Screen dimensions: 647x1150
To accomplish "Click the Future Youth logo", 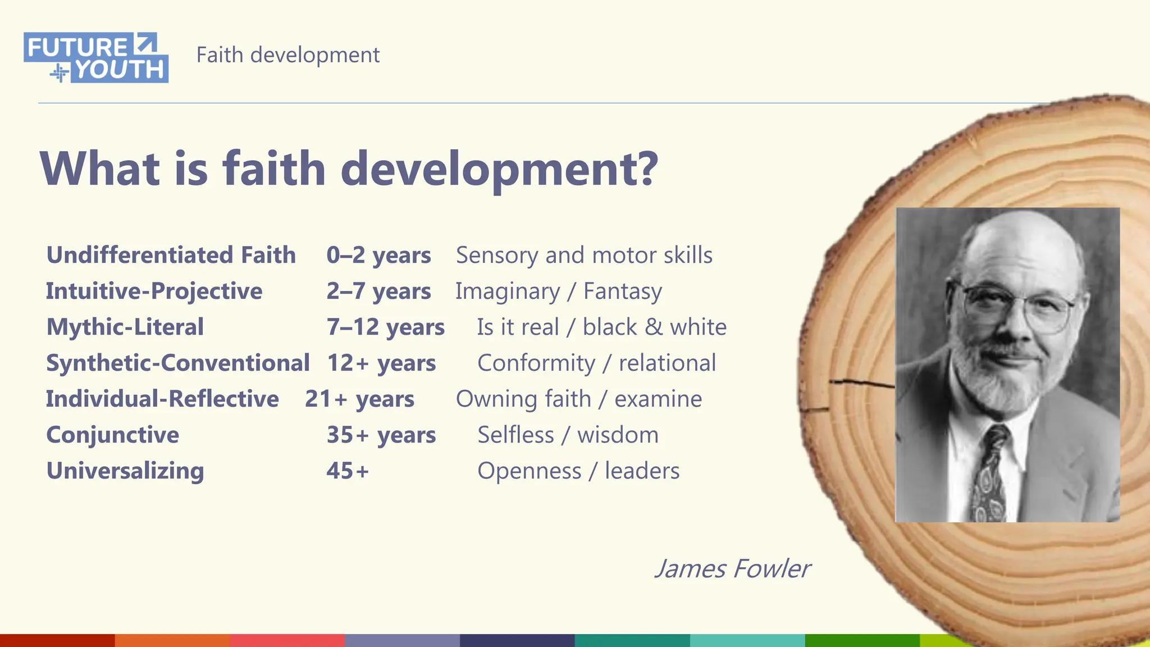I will tap(96, 58).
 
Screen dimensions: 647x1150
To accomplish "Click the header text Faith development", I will tap(287, 55).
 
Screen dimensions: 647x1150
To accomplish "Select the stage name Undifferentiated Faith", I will tap(171, 255).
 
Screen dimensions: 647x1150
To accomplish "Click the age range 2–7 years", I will tap(378, 291).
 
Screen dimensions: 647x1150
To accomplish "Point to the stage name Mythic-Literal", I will tap(125, 327).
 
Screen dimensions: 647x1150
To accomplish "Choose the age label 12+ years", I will tap(381, 363).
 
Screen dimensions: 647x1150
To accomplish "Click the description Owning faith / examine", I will tap(578, 399).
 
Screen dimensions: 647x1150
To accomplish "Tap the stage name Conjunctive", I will tap(112, 435).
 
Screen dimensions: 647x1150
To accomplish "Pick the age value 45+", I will tap(348, 471).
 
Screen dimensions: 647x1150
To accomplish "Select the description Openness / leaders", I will tap(578, 471).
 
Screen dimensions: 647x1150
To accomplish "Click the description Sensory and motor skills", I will tap(584, 255).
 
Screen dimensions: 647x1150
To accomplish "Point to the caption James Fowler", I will tap(732, 568).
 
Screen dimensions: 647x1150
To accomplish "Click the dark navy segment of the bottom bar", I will tap(517, 640).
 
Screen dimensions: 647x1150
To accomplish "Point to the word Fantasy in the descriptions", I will tap(623, 291).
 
